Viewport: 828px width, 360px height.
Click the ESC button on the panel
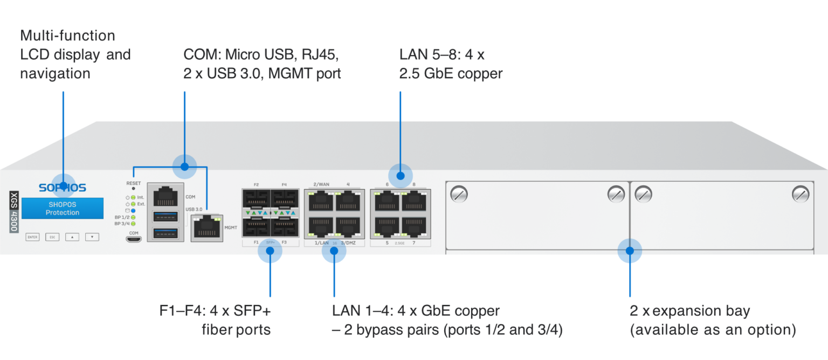click(52, 237)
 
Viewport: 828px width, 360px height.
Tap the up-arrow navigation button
click(72, 237)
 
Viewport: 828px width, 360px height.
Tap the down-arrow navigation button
click(92, 237)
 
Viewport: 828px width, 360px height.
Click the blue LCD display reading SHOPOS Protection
click(63, 209)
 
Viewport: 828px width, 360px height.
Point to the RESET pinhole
click(133, 190)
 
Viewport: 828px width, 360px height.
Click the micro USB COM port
click(133, 238)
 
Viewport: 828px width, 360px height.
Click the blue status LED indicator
click(133, 210)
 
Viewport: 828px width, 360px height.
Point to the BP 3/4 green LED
click(133, 223)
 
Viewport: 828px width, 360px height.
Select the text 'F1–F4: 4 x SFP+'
click(215, 311)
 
